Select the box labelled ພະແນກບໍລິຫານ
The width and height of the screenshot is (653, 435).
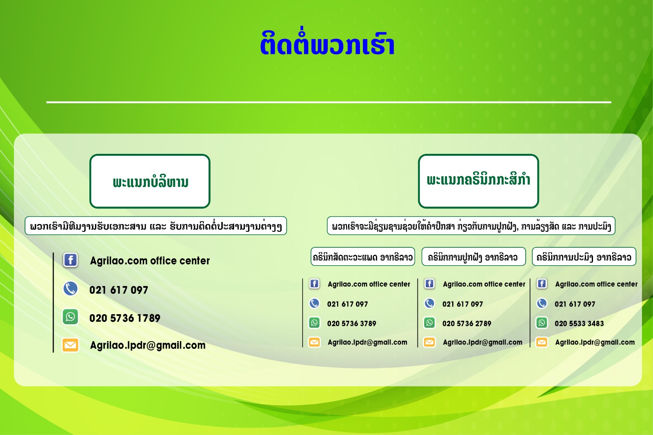(150, 181)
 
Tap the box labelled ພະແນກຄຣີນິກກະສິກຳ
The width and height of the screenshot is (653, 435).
(478, 181)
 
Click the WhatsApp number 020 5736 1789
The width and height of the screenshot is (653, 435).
(125, 318)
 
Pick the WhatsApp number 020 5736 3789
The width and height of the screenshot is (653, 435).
(351, 323)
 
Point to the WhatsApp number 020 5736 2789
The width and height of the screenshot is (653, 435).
(467, 323)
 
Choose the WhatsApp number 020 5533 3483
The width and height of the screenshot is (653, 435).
(579, 323)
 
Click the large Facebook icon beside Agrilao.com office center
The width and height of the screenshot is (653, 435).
(71, 260)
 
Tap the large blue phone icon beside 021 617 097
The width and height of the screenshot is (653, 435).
(71, 289)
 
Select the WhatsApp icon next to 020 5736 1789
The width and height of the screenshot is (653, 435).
(71, 317)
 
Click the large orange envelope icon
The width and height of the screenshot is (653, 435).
(70, 345)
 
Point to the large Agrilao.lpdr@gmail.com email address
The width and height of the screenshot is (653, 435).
(148, 346)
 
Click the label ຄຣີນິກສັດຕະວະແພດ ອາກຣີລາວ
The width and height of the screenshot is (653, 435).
(363, 257)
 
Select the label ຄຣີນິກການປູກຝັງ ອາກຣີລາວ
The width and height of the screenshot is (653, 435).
(474, 257)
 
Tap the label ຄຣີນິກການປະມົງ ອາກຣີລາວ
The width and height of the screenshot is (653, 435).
(584, 257)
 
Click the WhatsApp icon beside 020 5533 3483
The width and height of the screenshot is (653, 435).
(542, 323)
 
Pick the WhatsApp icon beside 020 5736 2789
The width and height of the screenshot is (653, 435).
(429, 323)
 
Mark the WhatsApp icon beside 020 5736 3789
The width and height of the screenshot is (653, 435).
(314, 323)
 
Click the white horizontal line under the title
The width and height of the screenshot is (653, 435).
(329, 102)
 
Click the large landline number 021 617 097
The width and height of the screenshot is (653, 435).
(119, 290)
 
